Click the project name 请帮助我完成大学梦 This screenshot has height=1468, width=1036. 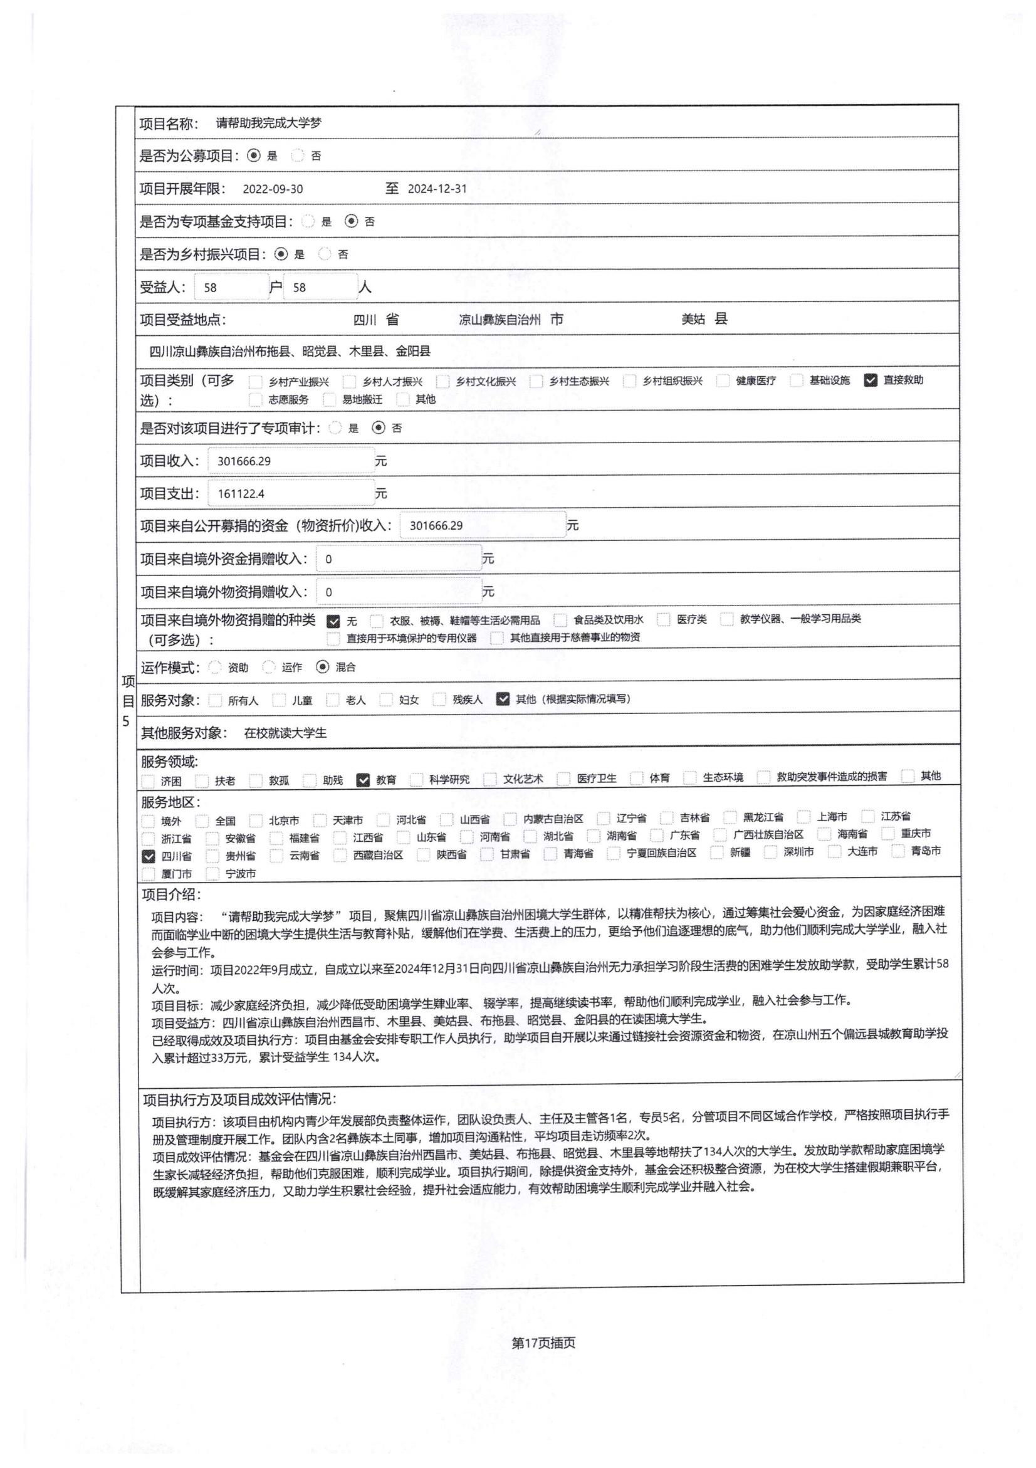click(x=268, y=123)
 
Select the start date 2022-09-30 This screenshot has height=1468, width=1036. click(x=273, y=189)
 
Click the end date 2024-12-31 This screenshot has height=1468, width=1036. click(x=437, y=189)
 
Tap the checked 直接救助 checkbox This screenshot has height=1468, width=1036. click(x=870, y=380)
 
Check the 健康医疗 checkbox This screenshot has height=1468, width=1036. click(x=723, y=381)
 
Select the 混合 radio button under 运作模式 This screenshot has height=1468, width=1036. click(x=323, y=668)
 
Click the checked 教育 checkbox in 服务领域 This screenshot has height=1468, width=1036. click(x=363, y=780)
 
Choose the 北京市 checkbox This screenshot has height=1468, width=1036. click(x=256, y=821)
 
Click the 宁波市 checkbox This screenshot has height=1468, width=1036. click(x=213, y=874)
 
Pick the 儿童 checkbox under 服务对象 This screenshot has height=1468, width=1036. click(x=279, y=700)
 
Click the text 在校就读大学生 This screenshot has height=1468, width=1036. click(x=285, y=733)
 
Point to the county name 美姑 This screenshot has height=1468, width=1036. click(x=693, y=319)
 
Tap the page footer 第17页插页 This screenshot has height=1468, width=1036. click(x=543, y=1342)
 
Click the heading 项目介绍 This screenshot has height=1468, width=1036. click(x=170, y=894)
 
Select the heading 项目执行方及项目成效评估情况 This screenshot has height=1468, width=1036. click(x=239, y=1099)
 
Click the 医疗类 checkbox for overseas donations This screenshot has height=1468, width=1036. click(x=663, y=619)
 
